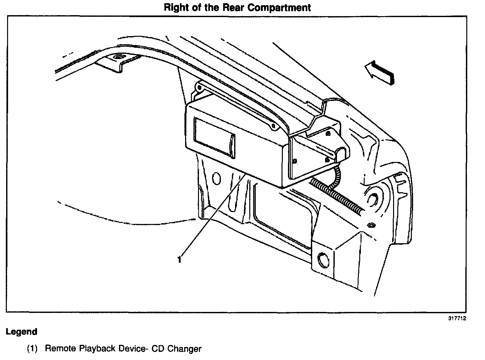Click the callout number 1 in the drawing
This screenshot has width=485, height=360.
(x=179, y=259)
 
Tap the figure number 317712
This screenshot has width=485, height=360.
(x=457, y=318)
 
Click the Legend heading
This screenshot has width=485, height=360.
(x=22, y=331)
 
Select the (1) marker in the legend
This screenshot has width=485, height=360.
(x=33, y=349)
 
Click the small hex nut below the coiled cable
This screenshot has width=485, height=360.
(x=371, y=225)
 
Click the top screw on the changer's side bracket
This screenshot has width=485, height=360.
(x=328, y=133)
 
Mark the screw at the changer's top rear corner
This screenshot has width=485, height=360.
(x=273, y=126)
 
